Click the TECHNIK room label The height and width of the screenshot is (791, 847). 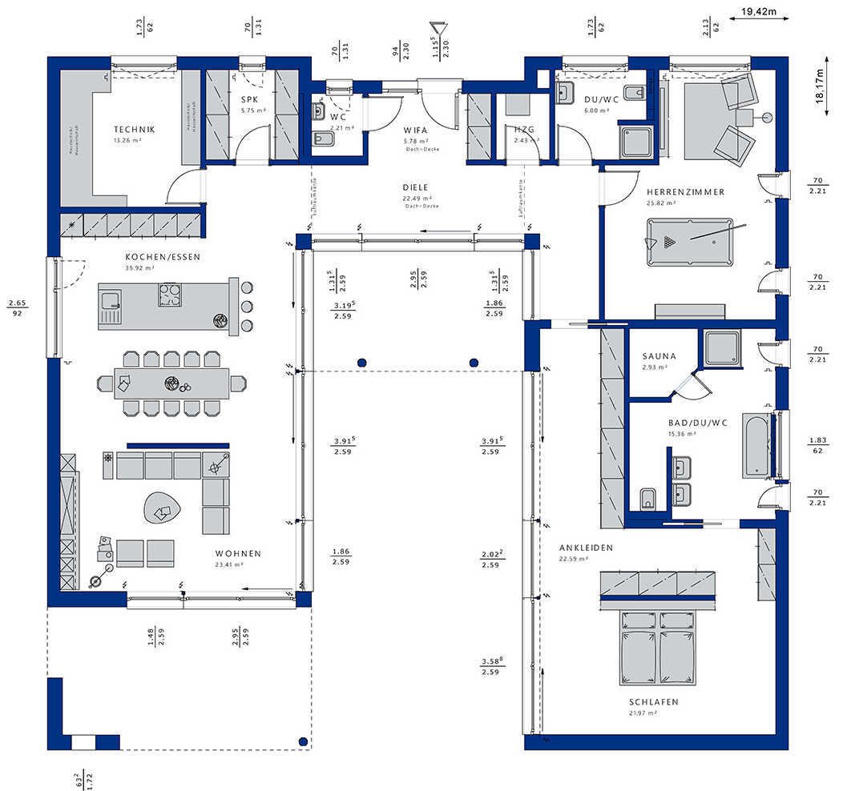click(x=134, y=130)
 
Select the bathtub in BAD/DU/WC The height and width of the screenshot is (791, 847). click(x=756, y=446)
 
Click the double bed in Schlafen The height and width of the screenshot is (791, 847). click(x=657, y=646)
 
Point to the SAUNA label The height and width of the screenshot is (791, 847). click(x=659, y=356)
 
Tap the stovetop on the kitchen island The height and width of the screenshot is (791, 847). click(x=170, y=295)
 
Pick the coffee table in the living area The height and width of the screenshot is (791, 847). click(x=163, y=506)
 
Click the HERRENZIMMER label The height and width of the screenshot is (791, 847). click(x=685, y=192)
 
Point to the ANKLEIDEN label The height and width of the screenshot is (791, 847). click(x=587, y=548)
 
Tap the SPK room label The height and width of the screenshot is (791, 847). click(x=248, y=100)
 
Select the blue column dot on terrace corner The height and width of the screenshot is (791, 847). click(x=302, y=741)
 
